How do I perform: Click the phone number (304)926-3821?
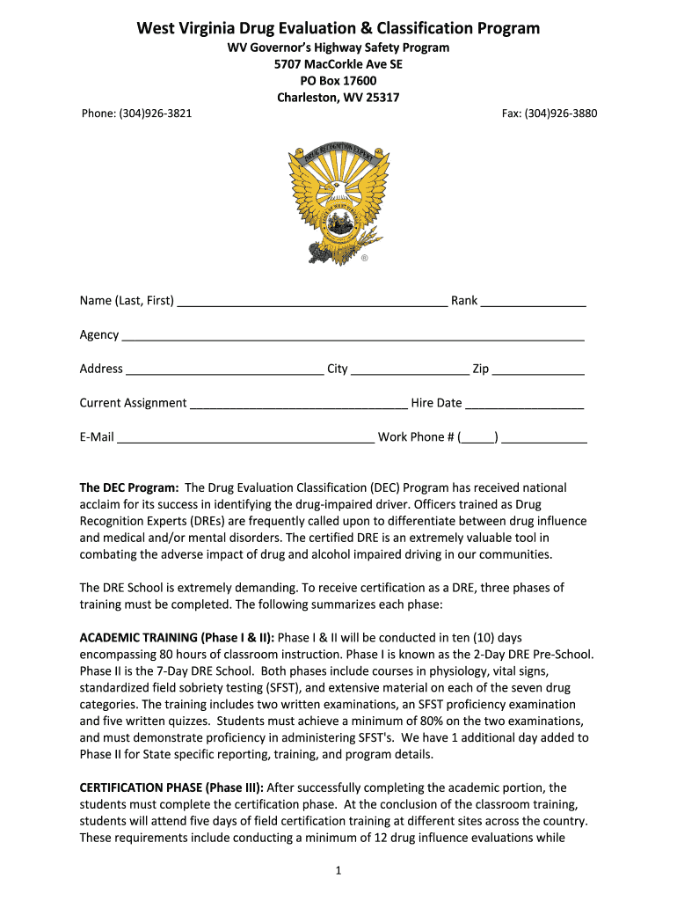136,114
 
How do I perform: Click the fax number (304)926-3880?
549,114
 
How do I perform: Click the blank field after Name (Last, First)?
312,302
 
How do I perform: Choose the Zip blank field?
538,370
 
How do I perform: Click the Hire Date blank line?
524,405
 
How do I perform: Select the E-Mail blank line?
245,438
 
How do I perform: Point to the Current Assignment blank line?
299,405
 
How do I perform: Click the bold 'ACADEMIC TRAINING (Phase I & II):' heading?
177,636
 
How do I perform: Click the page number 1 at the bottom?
338,871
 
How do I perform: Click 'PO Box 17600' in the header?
338,81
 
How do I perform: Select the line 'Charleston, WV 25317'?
338,98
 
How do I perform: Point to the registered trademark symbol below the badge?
365,260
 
